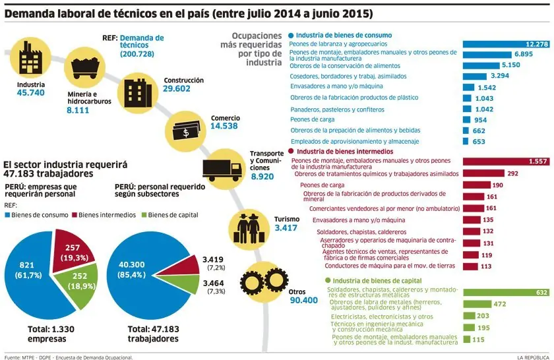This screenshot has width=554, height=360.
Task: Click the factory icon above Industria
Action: point(31,57)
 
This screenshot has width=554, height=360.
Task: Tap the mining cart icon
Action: point(85,67)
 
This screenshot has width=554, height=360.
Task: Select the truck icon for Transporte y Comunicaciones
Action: point(222,169)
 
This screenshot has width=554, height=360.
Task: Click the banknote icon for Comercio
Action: point(186,131)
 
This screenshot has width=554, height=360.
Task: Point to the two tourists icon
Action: point(249,228)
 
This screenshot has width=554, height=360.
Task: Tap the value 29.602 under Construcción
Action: point(176,88)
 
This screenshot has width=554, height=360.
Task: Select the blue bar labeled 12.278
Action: point(507,44)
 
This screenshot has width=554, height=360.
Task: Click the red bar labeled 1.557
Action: point(507,162)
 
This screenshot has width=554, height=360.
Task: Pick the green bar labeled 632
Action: point(507,293)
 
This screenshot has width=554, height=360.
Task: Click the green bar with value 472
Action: point(477,304)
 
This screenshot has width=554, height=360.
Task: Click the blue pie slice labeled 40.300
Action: point(141,275)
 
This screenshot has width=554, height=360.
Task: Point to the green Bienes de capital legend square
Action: point(144,215)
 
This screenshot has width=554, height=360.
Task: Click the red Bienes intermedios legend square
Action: point(74,215)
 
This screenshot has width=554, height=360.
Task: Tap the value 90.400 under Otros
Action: point(304,300)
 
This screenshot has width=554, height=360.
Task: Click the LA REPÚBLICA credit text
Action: point(533,357)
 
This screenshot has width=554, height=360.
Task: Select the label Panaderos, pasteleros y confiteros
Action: point(337,109)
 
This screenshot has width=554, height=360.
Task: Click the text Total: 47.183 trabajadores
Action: point(153,334)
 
